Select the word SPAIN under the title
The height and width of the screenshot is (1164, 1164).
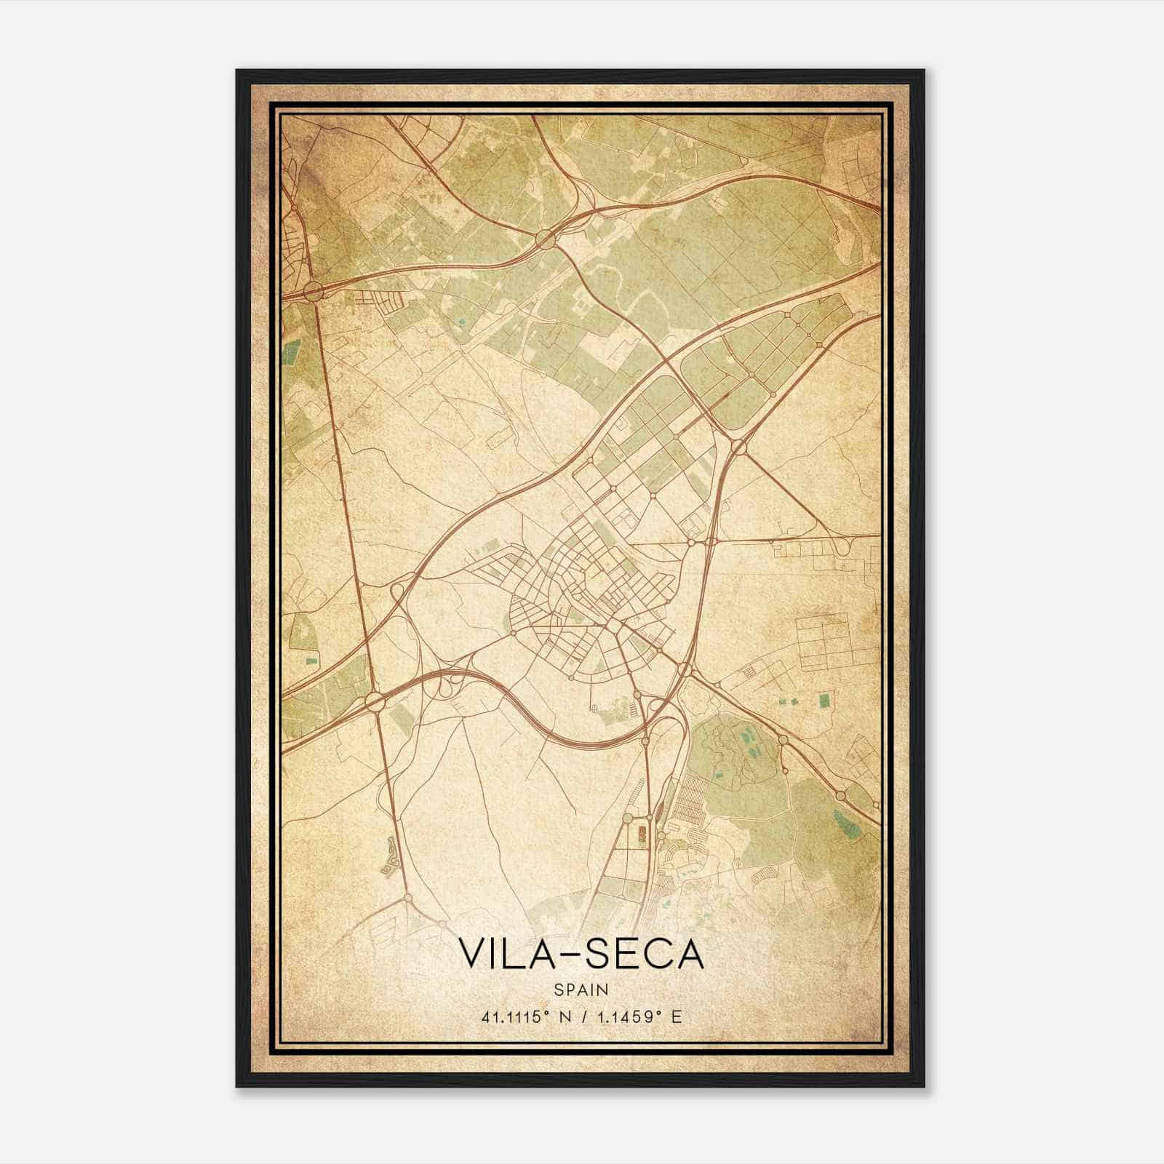click(581, 989)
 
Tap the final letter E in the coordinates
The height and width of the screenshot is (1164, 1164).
click(677, 1017)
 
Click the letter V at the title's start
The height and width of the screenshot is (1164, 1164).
click(470, 954)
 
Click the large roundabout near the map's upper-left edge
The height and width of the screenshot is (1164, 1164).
click(314, 292)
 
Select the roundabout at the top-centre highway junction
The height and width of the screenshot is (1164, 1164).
click(544, 237)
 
